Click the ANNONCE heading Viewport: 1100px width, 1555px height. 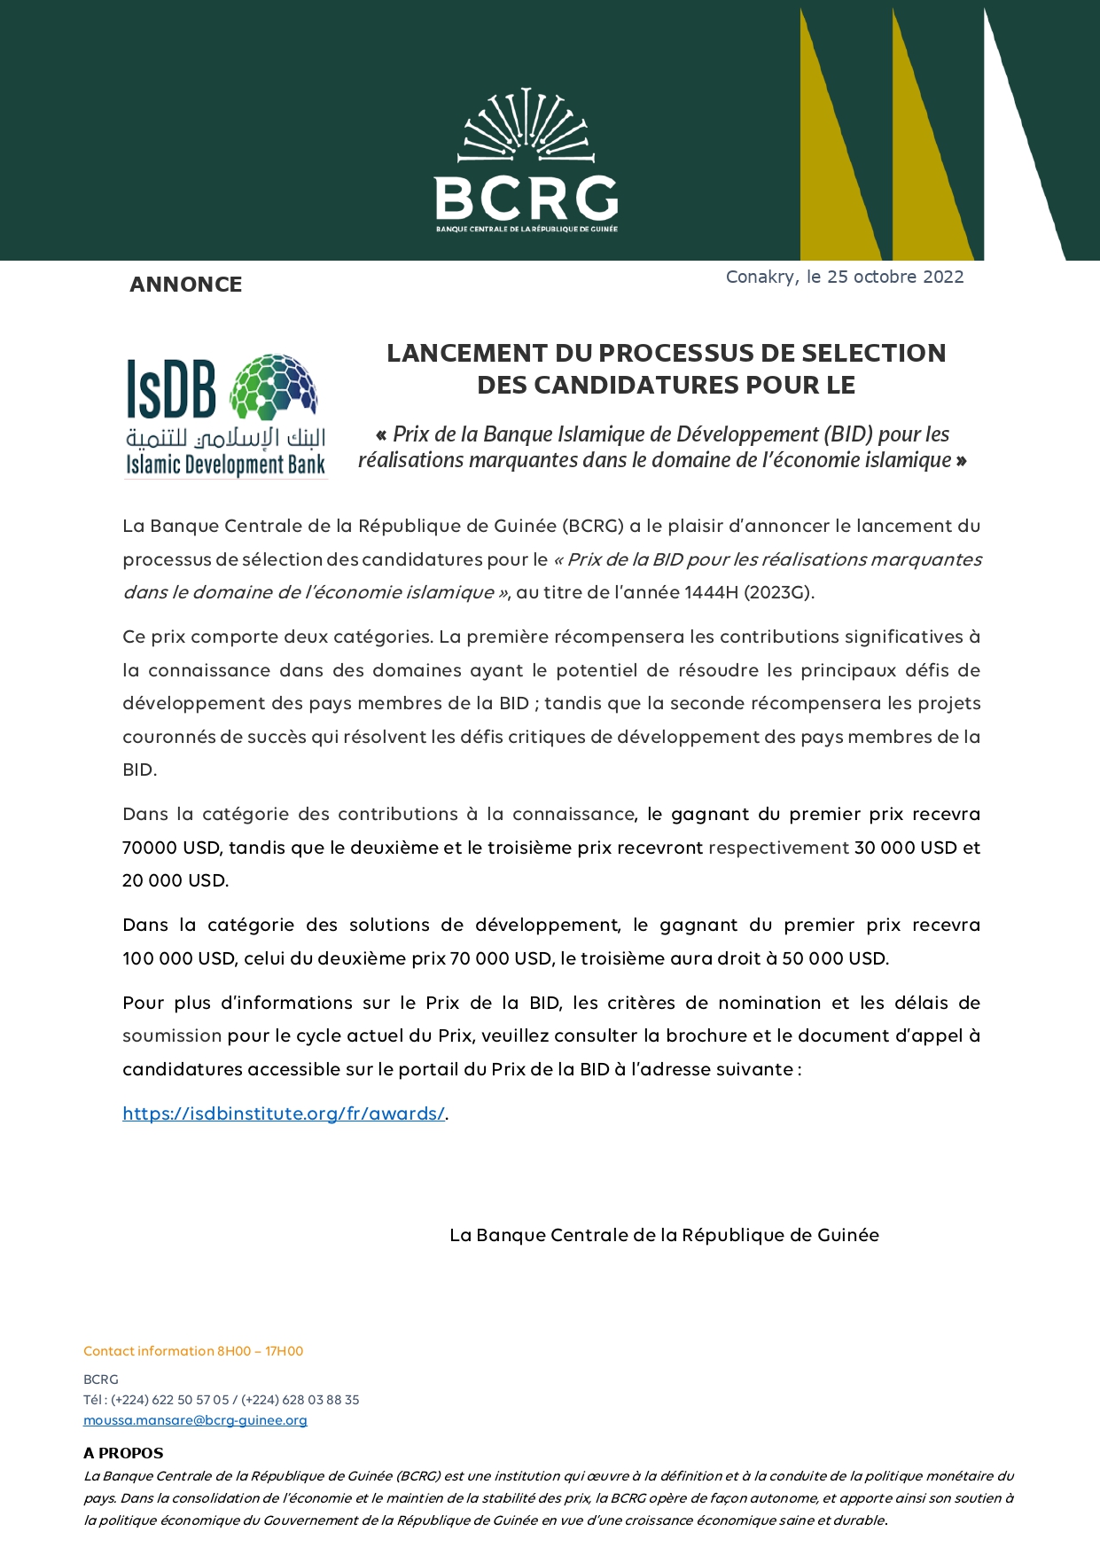pyautogui.click(x=185, y=285)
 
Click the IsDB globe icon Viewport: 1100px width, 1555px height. pyautogui.click(x=273, y=387)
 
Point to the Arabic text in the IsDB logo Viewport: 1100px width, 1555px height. pyautogui.click(x=225, y=437)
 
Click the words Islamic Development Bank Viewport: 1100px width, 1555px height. pyautogui.click(x=225, y=465)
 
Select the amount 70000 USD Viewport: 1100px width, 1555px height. pyautogui.click(x=171, y=848)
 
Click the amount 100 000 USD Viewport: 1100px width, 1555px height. pyautogui.click(x=178, y=958)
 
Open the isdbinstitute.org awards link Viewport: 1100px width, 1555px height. pyautogui.click(x=284, y=1114)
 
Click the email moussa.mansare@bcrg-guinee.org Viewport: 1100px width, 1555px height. pyautogui.click(x=195, y=1420)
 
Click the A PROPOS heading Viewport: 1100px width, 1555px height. pyautogui.click(x=123, y=1453)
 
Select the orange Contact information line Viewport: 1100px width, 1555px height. pyautogui.click(x=193, y=1351)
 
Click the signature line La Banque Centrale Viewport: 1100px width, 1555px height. pyautogui.click(x=664, y=1235)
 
